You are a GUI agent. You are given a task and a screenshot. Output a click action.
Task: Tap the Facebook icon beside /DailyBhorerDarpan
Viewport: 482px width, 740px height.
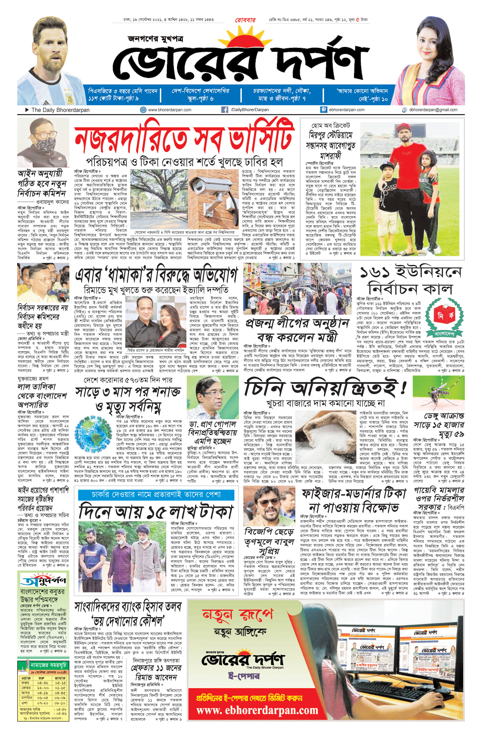[224, 110]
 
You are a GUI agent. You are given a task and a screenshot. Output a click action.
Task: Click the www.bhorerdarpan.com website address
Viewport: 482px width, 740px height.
[170, 110]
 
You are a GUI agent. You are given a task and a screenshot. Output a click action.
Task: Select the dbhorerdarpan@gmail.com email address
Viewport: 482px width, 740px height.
[433, 110]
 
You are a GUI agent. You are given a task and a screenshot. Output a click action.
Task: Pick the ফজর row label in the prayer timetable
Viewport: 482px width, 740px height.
[25, 683]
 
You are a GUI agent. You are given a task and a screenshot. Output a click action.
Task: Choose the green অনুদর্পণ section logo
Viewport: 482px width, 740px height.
[43, 581]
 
